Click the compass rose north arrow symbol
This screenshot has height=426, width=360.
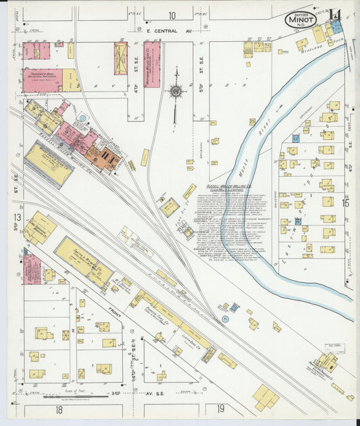176,90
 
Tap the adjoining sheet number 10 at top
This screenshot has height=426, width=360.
172,15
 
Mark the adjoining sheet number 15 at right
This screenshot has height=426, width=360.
346,202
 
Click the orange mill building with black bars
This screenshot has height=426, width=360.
103,156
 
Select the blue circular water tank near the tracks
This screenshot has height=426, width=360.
234,307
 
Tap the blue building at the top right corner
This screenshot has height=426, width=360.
336,25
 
